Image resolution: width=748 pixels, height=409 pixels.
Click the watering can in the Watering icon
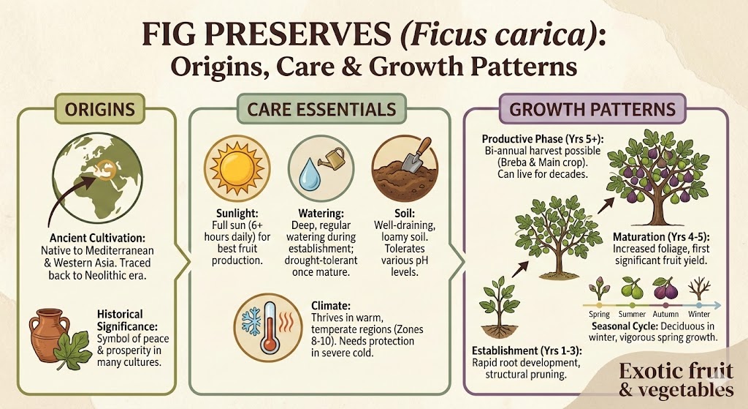click(335, 156)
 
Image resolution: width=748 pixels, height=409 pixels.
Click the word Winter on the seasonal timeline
click(700, 315)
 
